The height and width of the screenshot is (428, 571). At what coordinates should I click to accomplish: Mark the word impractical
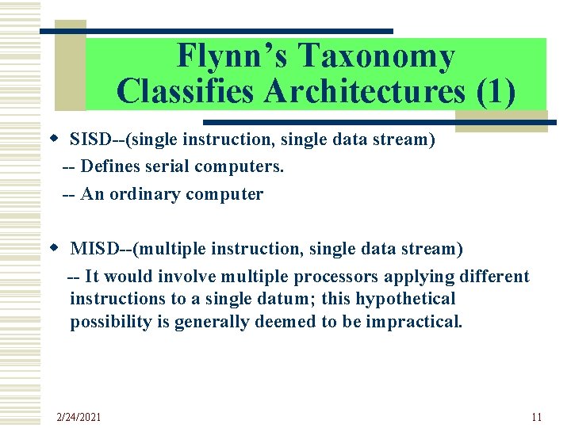pos(413,322)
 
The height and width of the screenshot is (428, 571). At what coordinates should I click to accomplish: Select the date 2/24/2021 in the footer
pos(79,417)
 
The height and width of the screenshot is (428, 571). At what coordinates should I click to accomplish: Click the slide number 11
pos(536,417)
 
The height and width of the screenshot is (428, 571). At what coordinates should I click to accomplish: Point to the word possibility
pos(109,322)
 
